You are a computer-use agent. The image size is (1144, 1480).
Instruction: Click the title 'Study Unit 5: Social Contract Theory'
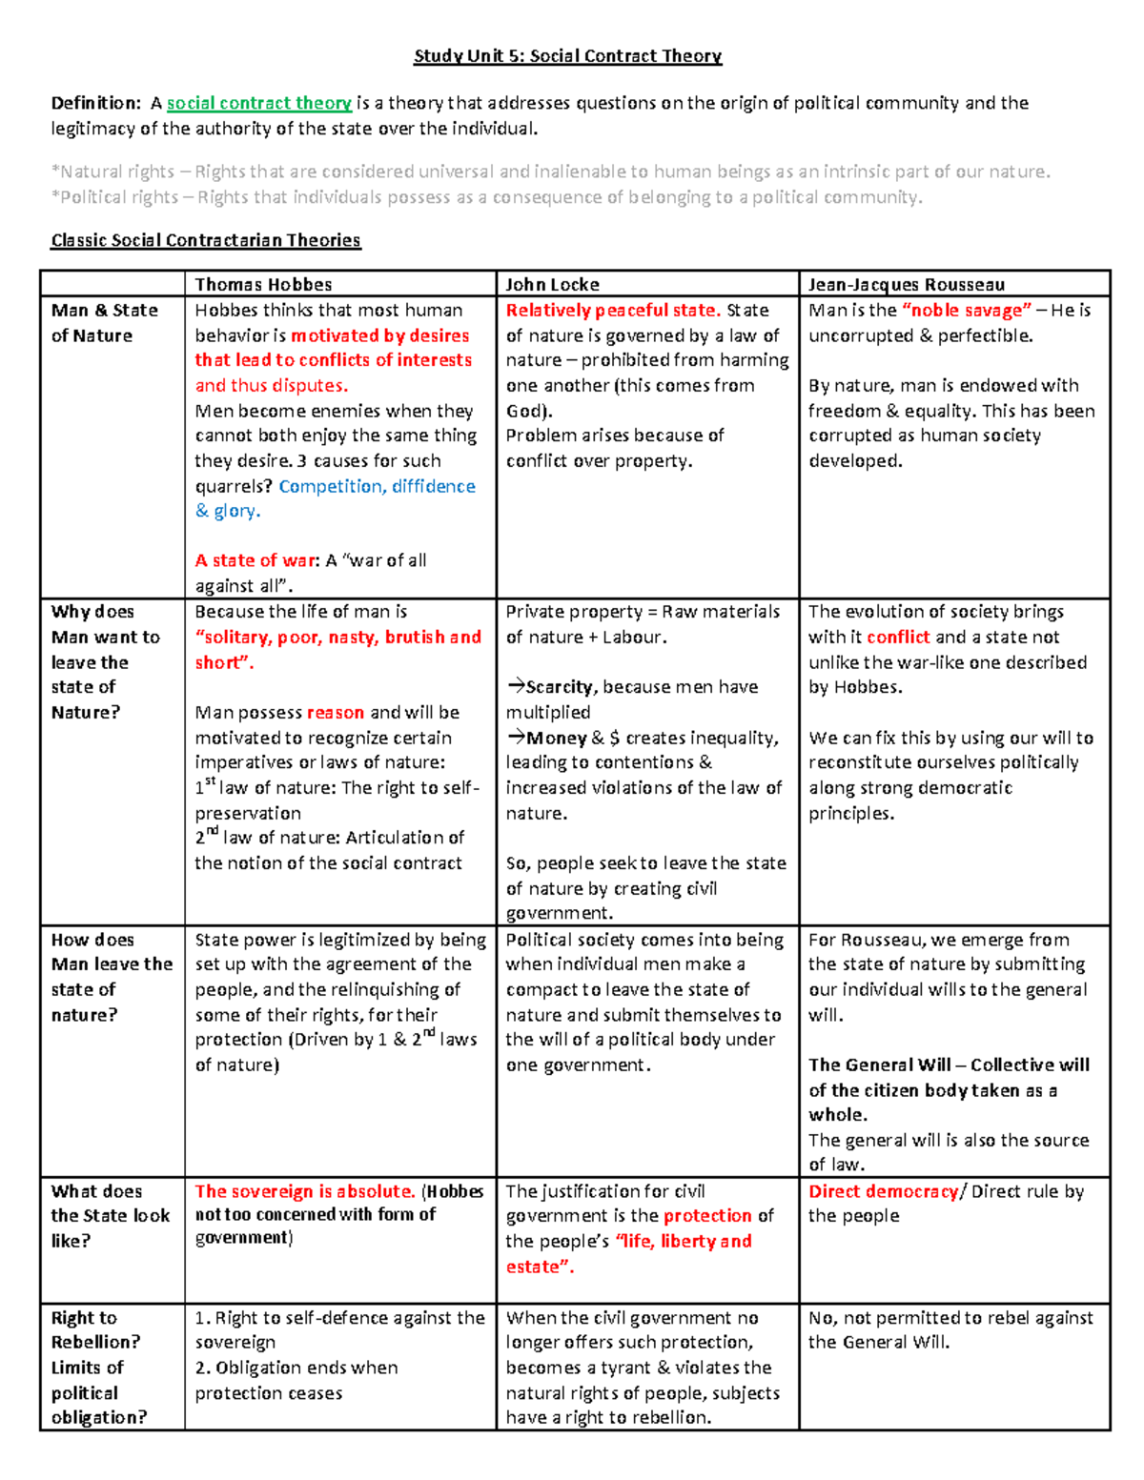[x=567, y=56]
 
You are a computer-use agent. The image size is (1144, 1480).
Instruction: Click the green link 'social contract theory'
[x=259, y=103]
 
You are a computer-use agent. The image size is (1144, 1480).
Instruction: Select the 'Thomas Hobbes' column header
[x=263, y=284]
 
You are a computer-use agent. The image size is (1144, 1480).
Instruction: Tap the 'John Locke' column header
[x=552, y=284]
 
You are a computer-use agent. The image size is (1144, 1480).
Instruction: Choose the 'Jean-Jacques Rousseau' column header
[x=906, y=284]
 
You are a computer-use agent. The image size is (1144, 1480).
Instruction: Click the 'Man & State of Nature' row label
[x=104, y=322]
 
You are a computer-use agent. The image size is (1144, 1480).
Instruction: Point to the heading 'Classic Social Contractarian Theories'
[x=206, y=240]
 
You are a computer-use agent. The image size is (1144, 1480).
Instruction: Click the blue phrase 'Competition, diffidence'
[x=377, y=486]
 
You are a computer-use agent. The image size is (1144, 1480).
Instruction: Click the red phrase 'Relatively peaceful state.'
[x=612, y=310]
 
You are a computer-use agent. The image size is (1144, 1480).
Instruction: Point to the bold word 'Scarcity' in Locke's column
[x=559, y=686]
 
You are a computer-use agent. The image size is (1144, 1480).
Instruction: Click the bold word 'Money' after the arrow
[x=557, y=738]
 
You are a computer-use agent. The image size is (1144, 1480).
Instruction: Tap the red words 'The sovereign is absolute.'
[x=305, y=1191]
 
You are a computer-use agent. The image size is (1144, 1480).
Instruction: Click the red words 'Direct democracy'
[x=883, y=1191]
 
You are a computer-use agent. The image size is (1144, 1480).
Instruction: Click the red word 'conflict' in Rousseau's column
[x=898, y=637]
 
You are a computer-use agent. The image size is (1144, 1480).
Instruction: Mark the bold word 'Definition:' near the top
[x=95, y=103]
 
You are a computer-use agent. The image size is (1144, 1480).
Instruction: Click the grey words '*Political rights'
[x=114, y=197]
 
